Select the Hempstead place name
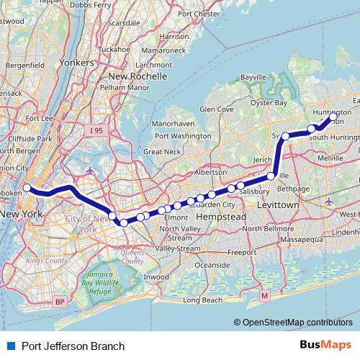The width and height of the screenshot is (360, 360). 222,217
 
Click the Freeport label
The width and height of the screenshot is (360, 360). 242,252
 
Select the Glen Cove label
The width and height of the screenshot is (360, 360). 217,109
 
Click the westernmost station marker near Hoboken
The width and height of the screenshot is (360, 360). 27,188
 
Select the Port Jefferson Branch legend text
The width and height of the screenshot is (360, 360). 68,346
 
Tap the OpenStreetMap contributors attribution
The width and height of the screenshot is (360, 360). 297,324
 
